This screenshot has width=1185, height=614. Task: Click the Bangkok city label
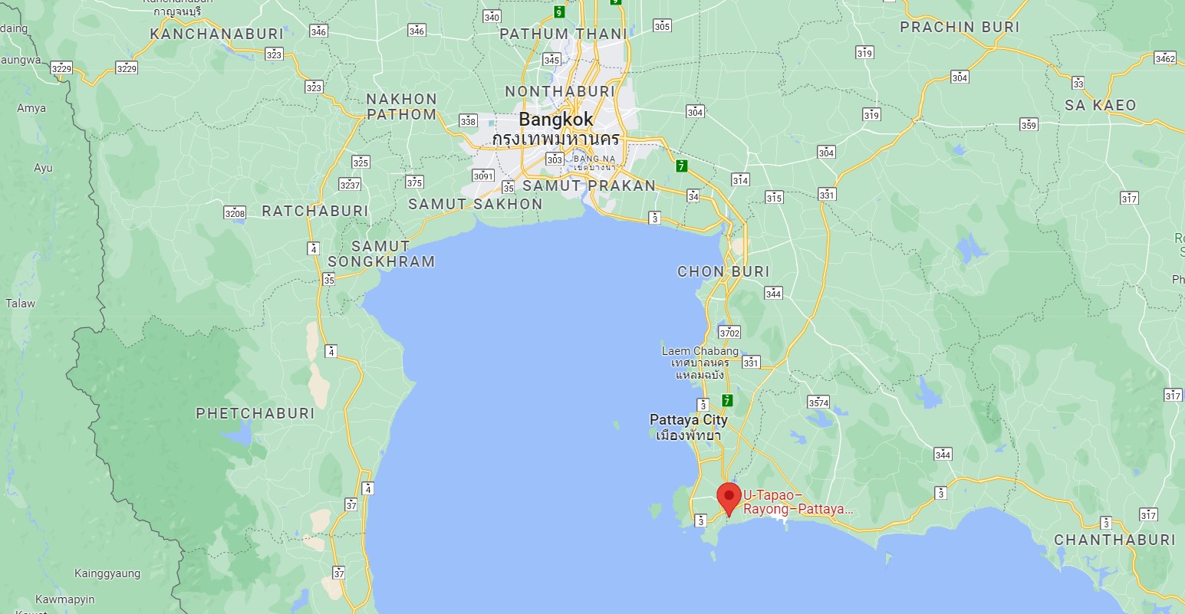pos(556,120)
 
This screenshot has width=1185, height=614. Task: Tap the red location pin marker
pos(729,497)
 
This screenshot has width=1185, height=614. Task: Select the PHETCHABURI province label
pos(255,413)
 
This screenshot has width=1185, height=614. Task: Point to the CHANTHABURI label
pos(1114,540)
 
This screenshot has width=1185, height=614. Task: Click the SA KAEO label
pos(1100,106)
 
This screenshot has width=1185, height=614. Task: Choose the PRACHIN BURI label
pos(960,28)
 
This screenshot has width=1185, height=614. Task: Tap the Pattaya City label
pos(688,420)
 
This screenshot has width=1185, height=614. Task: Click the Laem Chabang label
pos(700,351)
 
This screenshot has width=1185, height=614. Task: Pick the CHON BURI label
pos(723,271)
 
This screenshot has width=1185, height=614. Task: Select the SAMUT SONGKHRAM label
pos(381,254)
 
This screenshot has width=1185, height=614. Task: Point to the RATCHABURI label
pos(315,211)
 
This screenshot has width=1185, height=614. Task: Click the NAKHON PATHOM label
pos(401,107)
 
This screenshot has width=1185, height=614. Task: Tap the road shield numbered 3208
pos(235,213)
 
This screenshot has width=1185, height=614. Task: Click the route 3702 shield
pos(729,333)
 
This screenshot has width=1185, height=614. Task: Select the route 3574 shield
pos(818,402)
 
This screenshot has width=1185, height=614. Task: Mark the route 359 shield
pos(1029,125)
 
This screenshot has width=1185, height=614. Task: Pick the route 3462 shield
pos(1164,58)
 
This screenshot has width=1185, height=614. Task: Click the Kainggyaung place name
pos(107,573)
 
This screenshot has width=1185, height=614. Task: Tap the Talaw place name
pos(21,304)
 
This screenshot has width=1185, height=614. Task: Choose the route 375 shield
pos(414,182)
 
